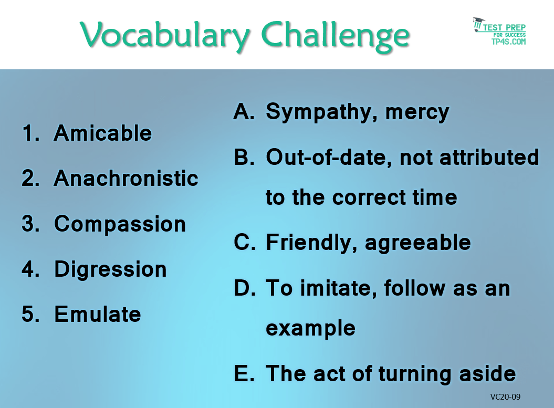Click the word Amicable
click(x=103, y=133)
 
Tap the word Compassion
click(x=120, y=224)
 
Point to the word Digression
click(x=110, y=270)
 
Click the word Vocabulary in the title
click(x=165, y=36)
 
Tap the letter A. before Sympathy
click(x=244, y=111)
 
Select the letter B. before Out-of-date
click(x=244, y=157)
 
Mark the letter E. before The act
click(x=244, y=373)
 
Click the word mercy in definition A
click(x=417, y=113)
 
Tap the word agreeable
click(x=418, y=244)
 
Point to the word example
click(x=310, y=329)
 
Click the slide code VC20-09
click(x=505, y=396)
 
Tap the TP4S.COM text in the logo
click(x=508, y=41)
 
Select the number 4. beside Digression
click(x=31, y=269)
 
